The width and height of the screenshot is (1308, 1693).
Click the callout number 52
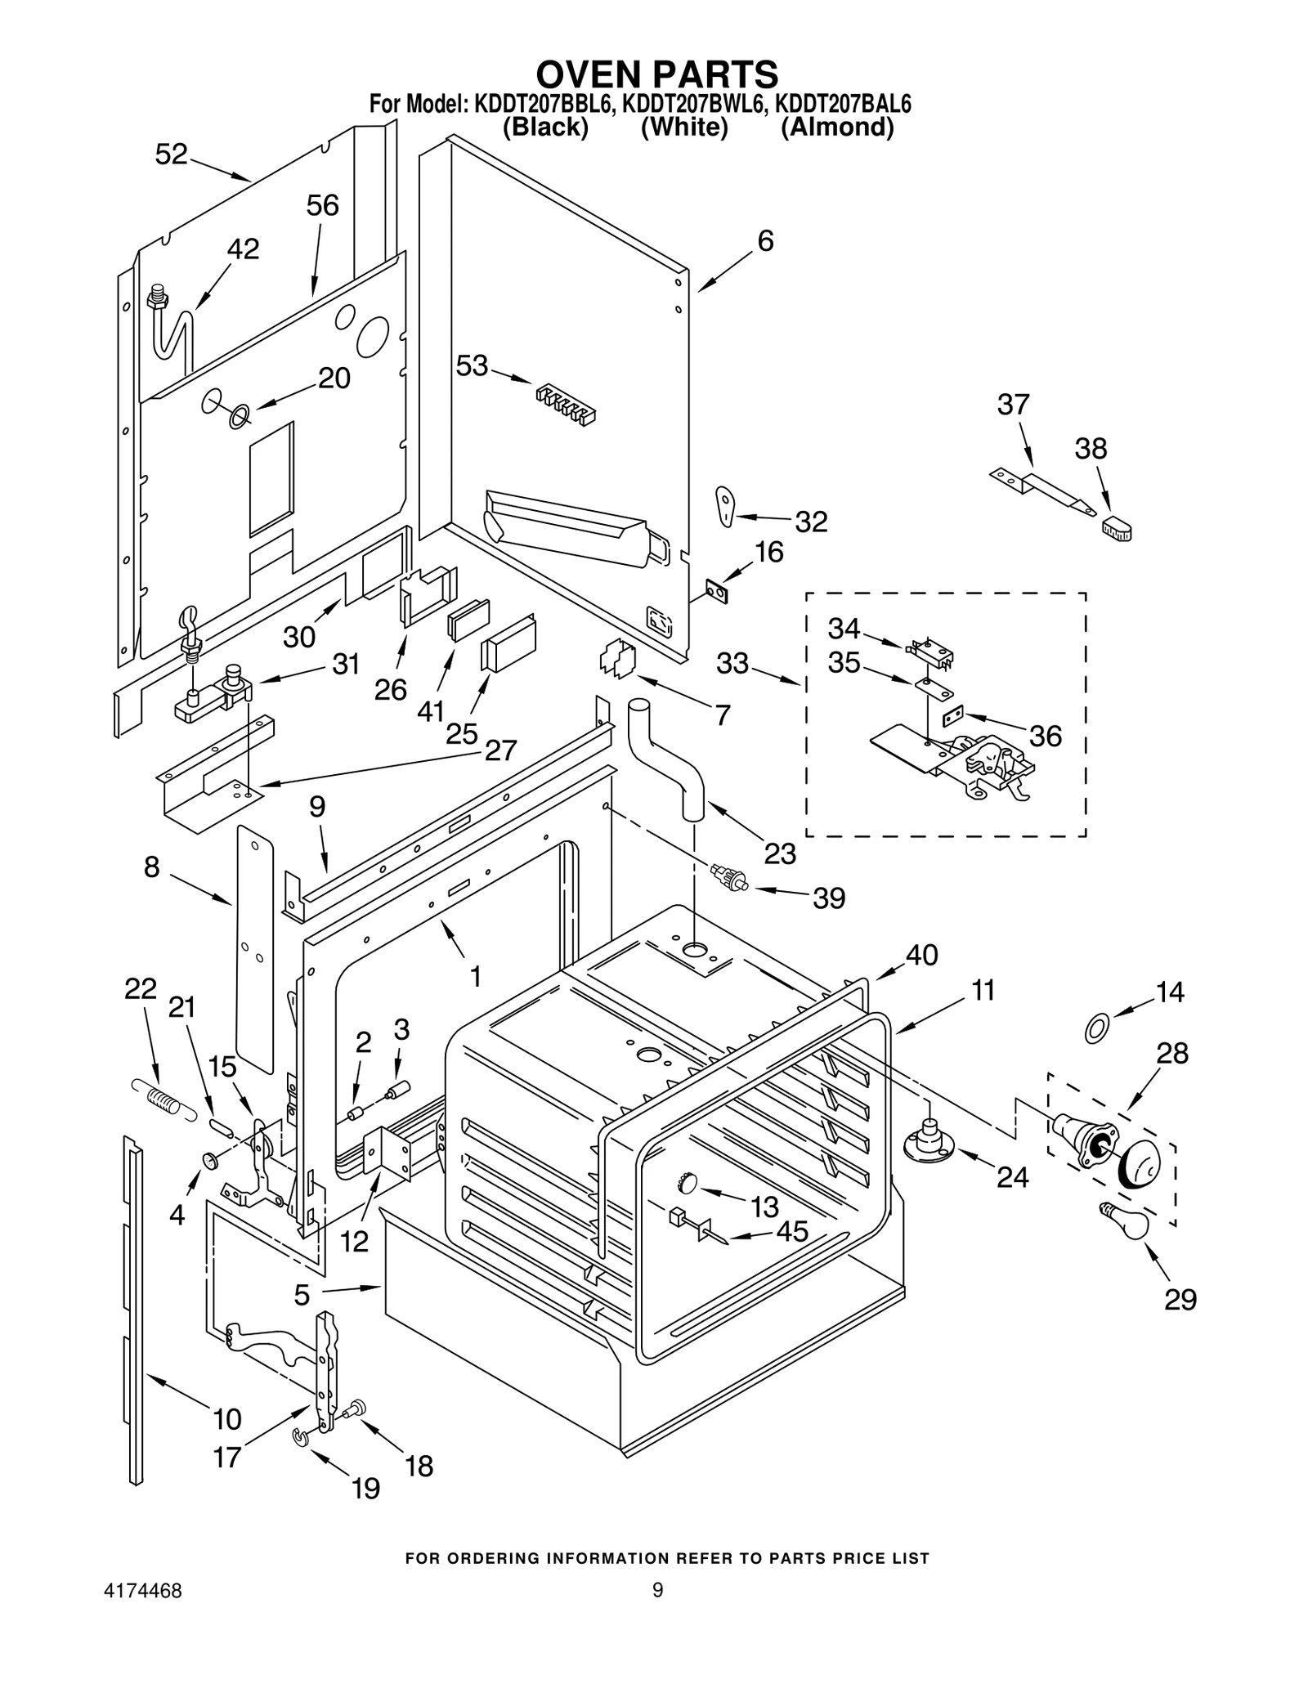pos(171,154)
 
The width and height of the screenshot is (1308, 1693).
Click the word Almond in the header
pos(836,128)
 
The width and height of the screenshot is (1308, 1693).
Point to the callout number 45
pos(792,1231)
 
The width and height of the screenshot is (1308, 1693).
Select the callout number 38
pos(1091,449)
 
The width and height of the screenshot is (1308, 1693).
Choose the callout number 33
pos(732,663)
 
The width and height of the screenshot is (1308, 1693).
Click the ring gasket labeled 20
pos(238,418)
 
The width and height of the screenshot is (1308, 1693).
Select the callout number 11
pos(983,990)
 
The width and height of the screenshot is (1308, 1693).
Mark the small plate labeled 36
pos(953,716)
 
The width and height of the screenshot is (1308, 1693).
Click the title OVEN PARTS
pos(656,74)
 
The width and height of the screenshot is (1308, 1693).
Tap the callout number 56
pos(322,205)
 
